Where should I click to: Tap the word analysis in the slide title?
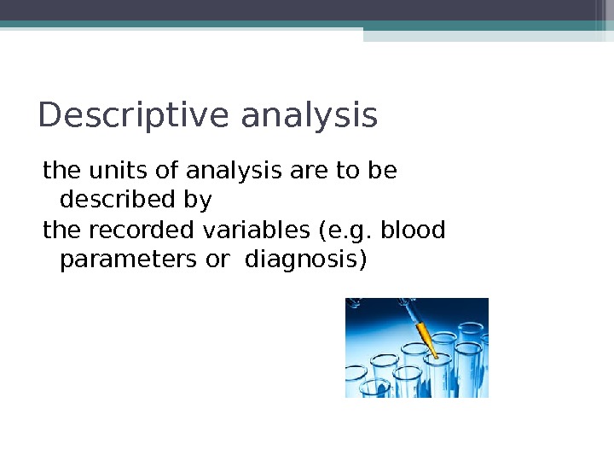pyautogui.click(x=309, y=116)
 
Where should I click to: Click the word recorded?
pyautogui.click(x=122, y=230)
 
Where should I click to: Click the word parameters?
pyautogui.click(x=129, y=260)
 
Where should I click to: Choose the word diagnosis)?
pyautogui.click(x=305, y=260)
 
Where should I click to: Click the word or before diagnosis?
pyautogui.click(x=217, y=260)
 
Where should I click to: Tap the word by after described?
pyautogui.click(x=198, y=201)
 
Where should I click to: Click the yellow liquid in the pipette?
pyautogui.click(x=424, y=334)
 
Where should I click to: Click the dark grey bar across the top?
pyautogui.click(x=307, y=9)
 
